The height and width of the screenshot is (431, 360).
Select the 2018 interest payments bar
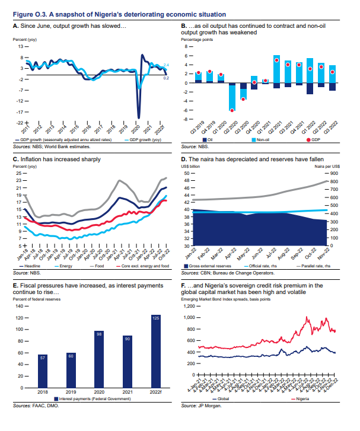click(x=43, y=370)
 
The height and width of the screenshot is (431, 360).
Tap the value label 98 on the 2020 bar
click(x=100, y=334)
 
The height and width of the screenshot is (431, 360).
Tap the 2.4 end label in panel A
click(x=167, y=65)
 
